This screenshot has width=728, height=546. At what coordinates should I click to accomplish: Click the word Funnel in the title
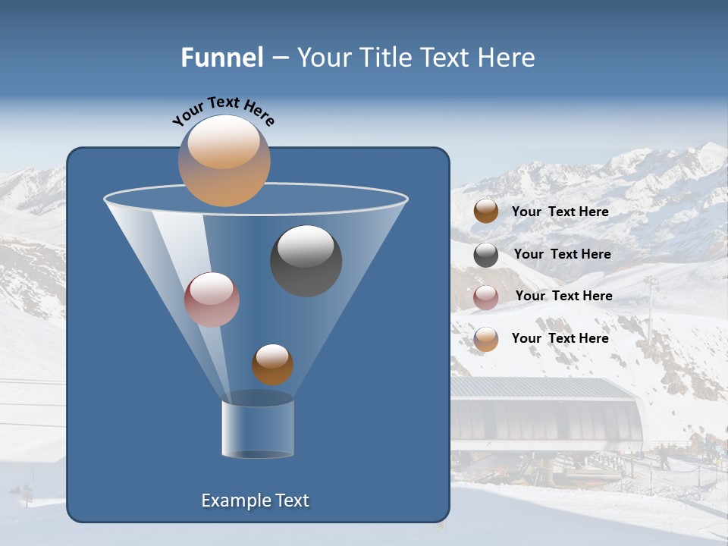[222, 58]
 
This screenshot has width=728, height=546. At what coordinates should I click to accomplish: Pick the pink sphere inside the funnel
[212, 300]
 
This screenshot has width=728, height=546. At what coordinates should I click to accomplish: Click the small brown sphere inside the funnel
[272, 365]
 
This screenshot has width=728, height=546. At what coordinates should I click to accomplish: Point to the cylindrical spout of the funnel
[258, 428]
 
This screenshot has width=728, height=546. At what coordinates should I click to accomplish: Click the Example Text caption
[255, 500]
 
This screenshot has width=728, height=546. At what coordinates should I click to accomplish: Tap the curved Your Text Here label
[223, 111]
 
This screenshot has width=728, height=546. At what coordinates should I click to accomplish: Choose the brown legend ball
[486, 211]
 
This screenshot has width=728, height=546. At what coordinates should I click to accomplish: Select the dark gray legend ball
[486, 255]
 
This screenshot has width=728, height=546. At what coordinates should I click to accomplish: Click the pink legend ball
[486, 297]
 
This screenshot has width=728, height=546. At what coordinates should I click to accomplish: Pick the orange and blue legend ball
[486, 339]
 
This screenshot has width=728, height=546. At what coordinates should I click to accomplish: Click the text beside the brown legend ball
[560, 212]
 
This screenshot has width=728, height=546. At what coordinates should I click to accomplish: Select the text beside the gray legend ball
[562, 254]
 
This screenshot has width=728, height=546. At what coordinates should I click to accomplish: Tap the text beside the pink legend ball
[563, 296]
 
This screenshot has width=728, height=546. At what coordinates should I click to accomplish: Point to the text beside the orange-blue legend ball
[560, 338]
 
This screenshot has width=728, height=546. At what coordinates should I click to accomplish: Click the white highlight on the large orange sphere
[224, 142]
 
